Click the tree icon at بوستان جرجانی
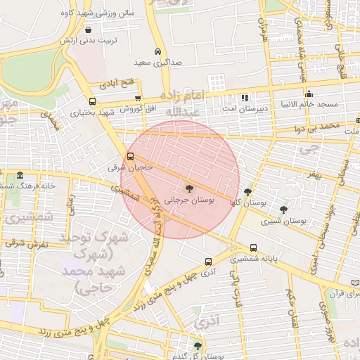(x=188, y=188)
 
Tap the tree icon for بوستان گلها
(x=247, y=191)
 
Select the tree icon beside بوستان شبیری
(x=283, y=210)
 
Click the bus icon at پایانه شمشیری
(x=253, y=247)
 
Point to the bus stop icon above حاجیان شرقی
(x=130, y=157)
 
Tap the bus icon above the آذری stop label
(x=207, y=259)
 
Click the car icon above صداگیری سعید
(x=158, y=52)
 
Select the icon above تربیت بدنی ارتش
(x=87, y=30)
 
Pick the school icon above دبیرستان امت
(x=244, y=98)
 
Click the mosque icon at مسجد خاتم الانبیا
(x=309, y=94)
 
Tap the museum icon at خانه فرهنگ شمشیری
(x=20, y=174)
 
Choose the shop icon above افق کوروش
(x=138, y=98)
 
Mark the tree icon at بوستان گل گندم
(x=198, y=345)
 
